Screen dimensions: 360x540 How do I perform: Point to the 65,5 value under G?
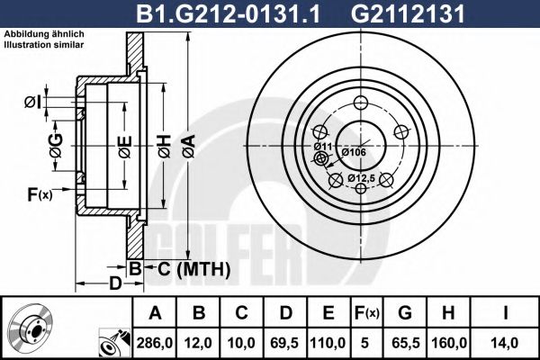coord(406,342)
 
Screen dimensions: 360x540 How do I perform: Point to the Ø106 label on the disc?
coord(353,152)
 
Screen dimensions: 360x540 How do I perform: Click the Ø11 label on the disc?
coord(323,146)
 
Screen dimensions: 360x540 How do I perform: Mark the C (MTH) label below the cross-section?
coord(188,269)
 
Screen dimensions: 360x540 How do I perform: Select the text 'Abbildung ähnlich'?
coord(43,33)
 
